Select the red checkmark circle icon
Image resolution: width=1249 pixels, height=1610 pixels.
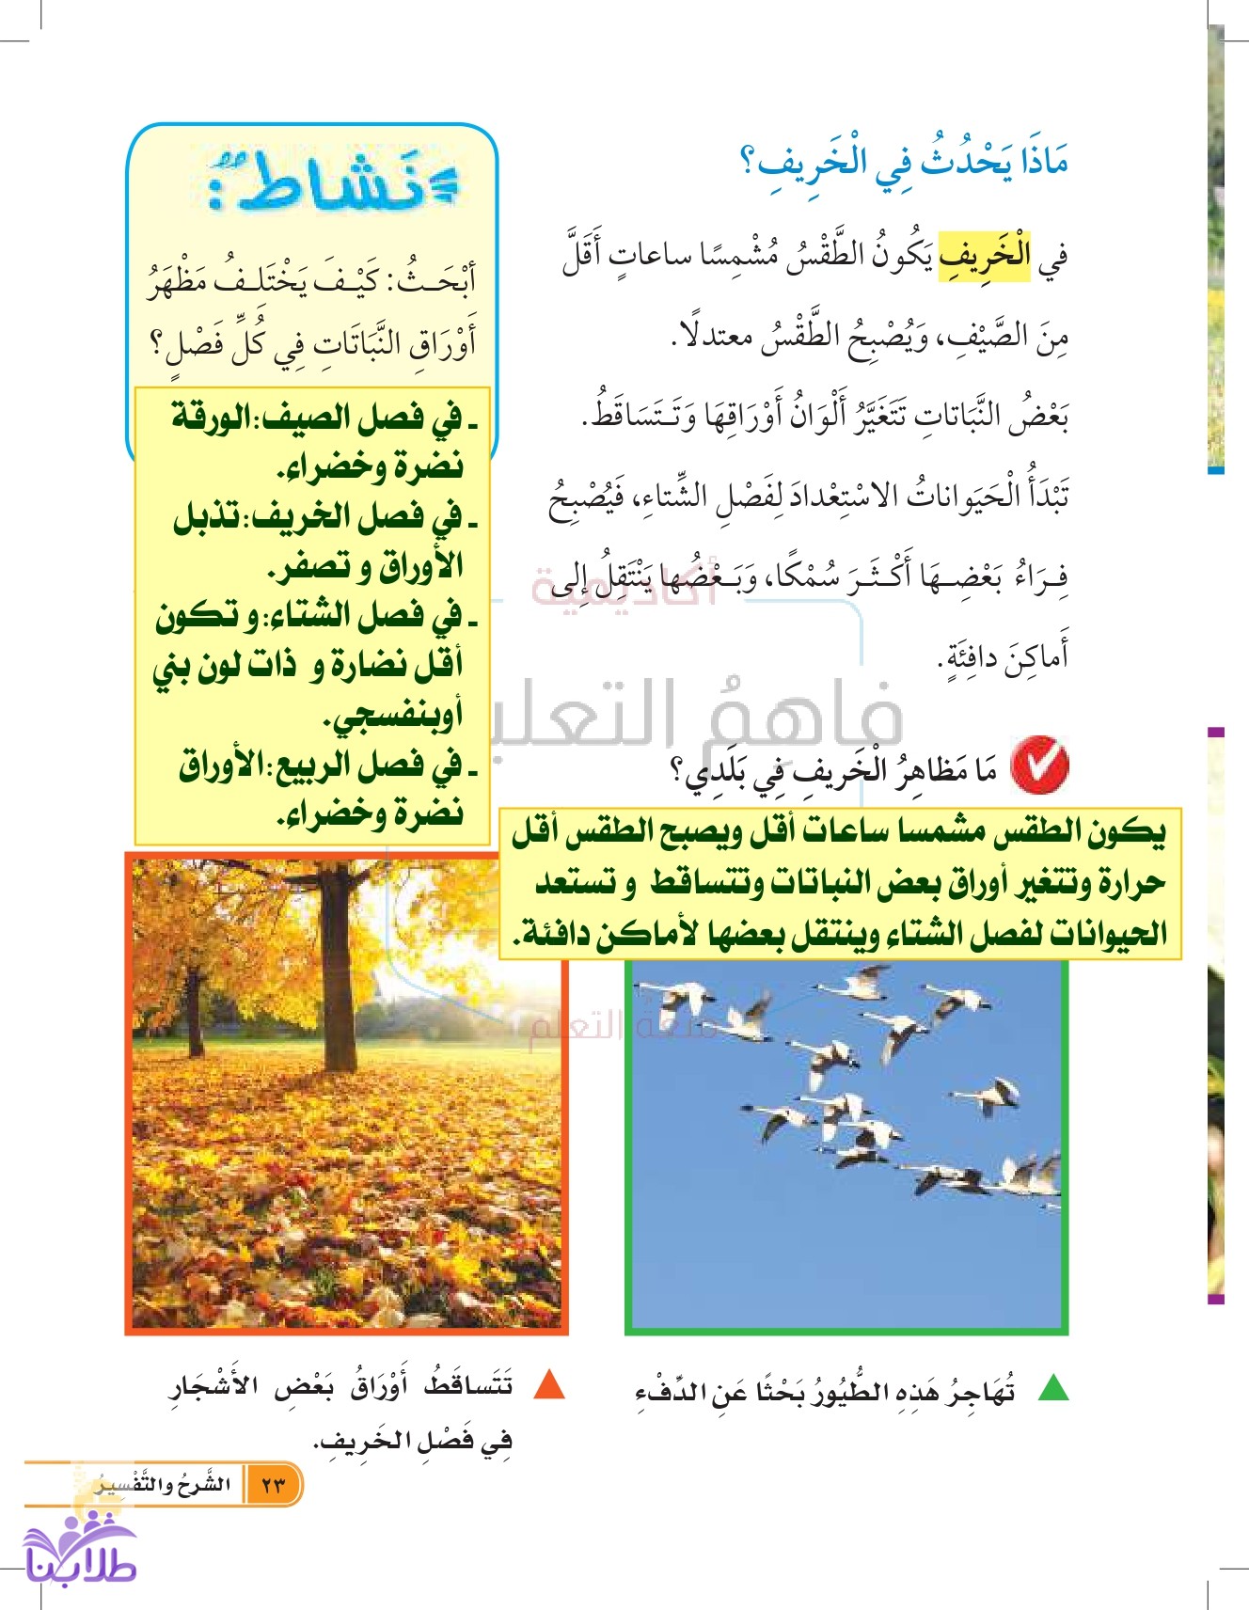[1040, 767]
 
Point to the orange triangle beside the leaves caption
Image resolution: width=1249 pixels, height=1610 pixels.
[548, 1385]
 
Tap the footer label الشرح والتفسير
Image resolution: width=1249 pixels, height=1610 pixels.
[166, 1485]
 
